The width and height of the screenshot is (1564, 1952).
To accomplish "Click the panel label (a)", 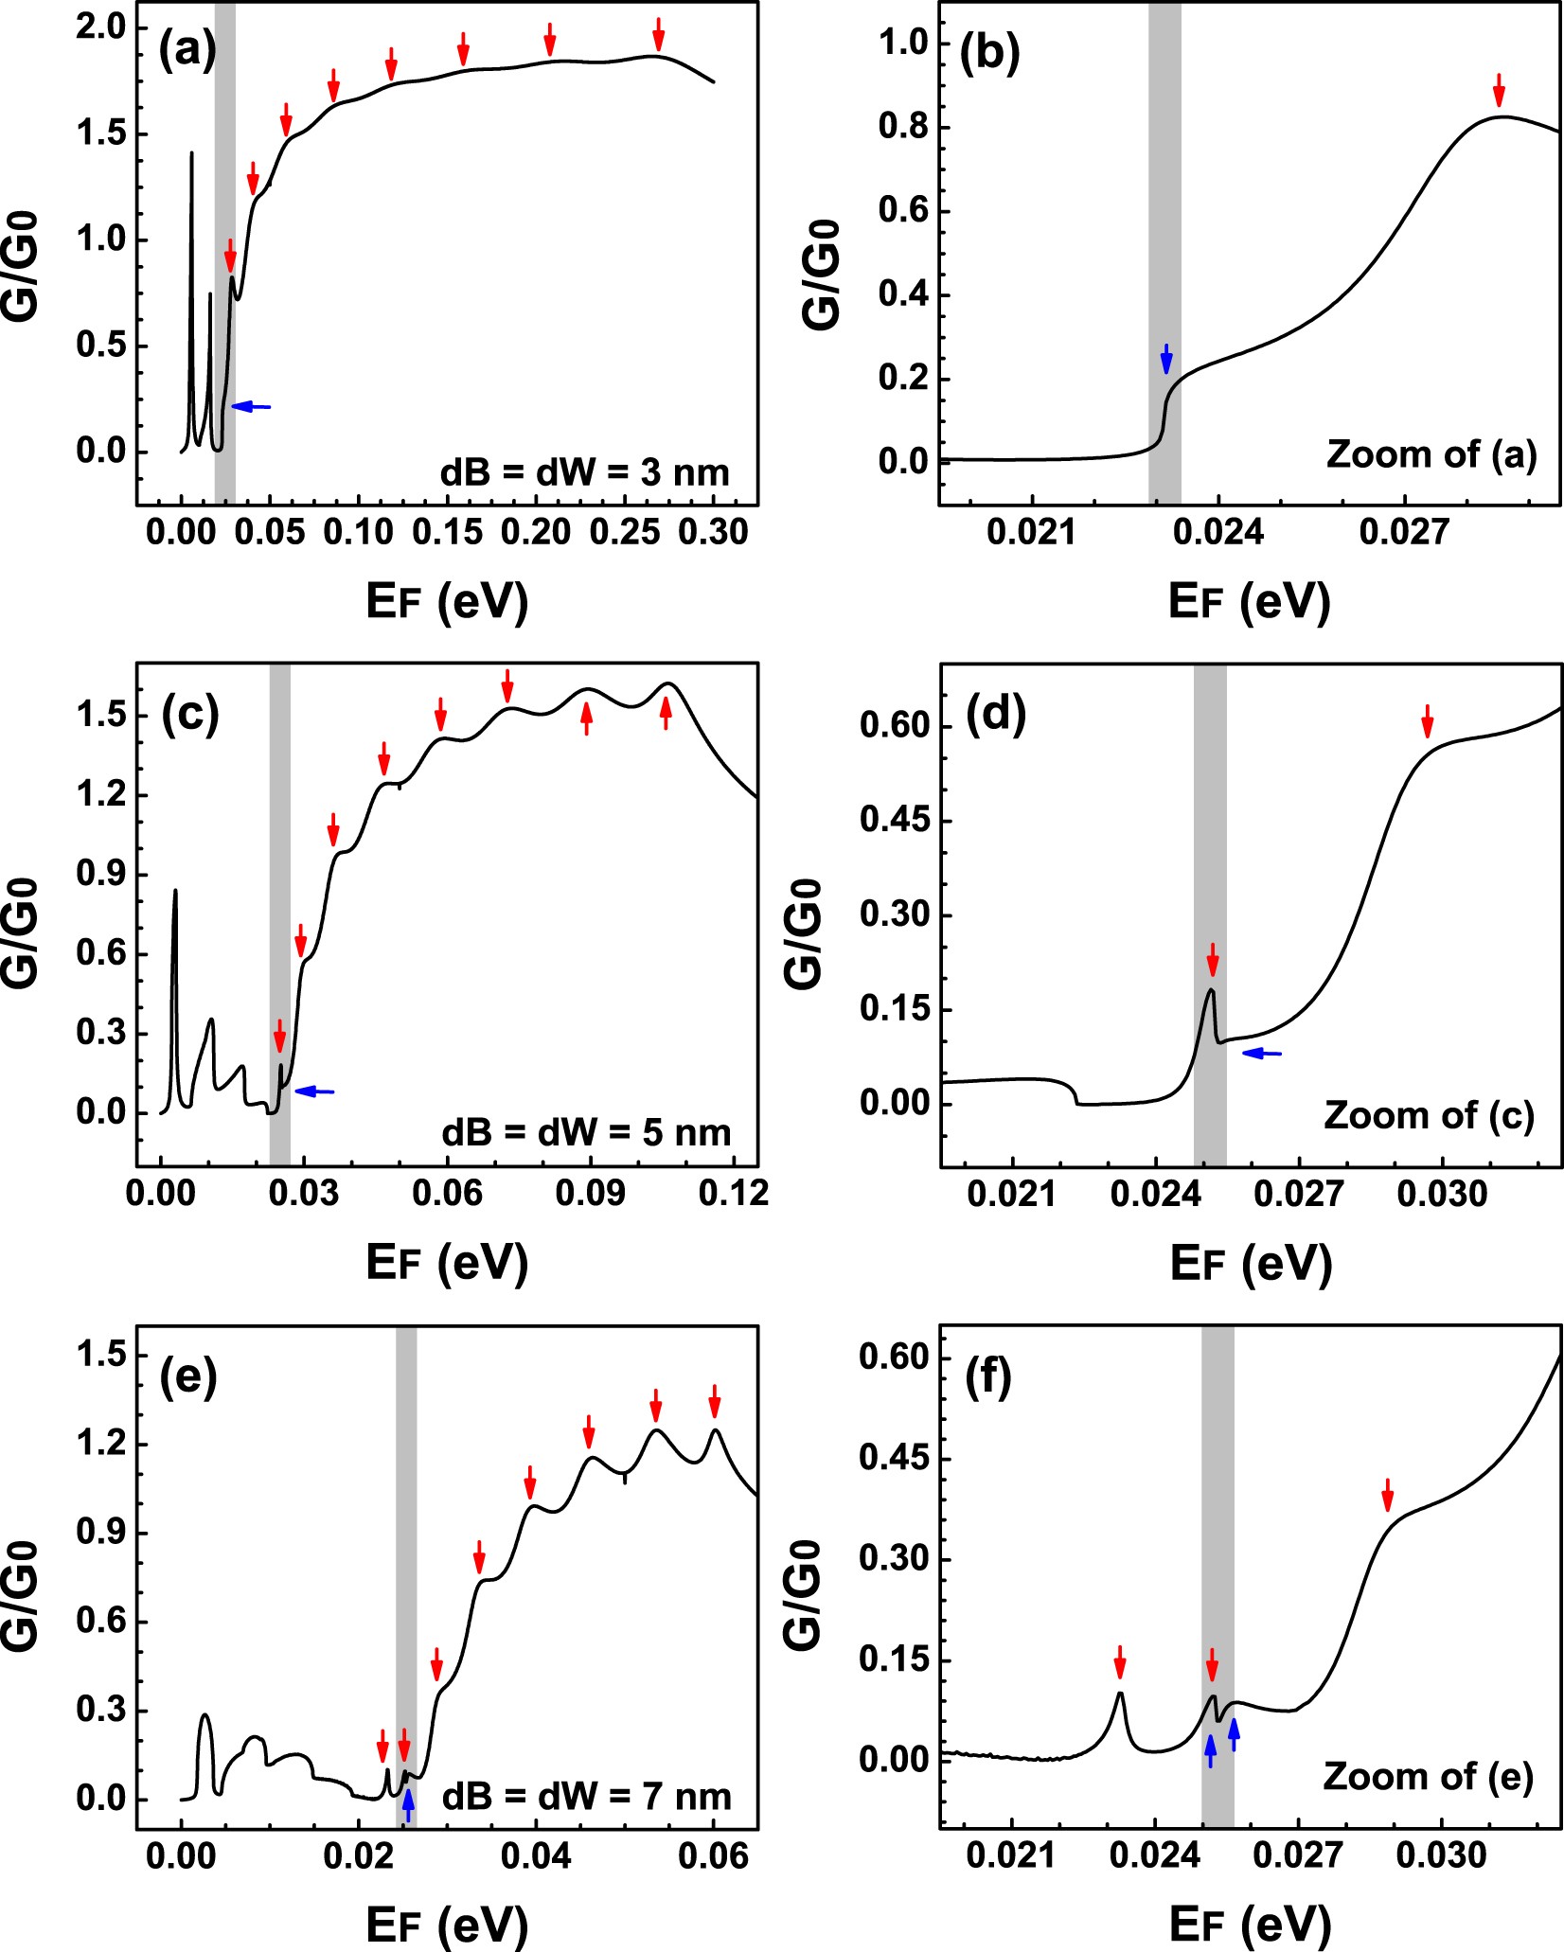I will tap(187, 49).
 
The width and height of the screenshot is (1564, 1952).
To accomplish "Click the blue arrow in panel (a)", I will tap(251, 406).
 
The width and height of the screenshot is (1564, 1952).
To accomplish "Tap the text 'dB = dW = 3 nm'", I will tap(585, 472).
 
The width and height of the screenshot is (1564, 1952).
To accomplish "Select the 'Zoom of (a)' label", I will tap(1431, 454).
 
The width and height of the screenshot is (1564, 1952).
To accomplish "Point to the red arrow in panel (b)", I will tap(1498, 89).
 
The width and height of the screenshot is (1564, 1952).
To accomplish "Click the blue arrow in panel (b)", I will tap(1166, 359).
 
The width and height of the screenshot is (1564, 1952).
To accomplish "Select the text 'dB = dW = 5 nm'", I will tap(586, 1132).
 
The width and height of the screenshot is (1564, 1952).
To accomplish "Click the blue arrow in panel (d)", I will tap(1261, 1053).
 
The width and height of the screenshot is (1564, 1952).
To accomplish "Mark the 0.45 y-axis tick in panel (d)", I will tap(895, 820).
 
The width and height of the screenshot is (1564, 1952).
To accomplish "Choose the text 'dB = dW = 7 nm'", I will tap(586, 1796).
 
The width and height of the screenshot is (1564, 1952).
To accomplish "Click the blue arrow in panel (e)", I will tap(408, 1805).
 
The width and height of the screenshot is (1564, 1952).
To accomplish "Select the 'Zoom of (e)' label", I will tap(1428, 1777).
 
